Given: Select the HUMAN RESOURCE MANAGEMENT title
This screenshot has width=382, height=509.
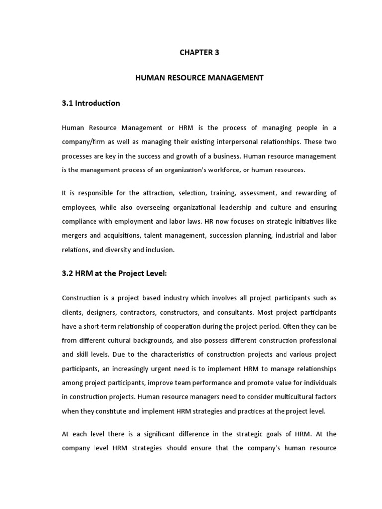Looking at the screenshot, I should coord(198,78).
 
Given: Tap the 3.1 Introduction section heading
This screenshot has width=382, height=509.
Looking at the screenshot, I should coord(91,103).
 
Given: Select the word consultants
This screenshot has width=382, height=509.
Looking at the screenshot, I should coord(237,313).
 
